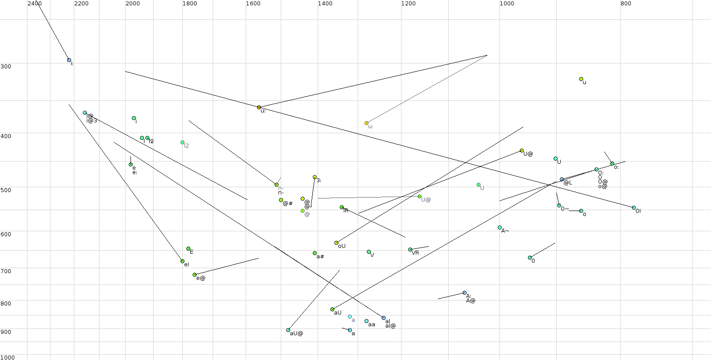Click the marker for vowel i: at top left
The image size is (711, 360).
tap(69, 60)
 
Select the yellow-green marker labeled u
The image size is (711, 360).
tap(581, 79)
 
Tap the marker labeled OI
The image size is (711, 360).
tap(634, 208)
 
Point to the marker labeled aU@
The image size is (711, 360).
tap(288, 330)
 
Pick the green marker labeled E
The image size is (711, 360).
tap(188, 249)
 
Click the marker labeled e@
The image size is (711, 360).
tap(194, 274)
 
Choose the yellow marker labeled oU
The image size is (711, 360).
tap(336, 243)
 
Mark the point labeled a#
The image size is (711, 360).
tap(315, 253)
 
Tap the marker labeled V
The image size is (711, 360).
tap(369, 252)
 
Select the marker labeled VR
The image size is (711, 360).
tap(410, 249)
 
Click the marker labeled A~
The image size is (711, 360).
tap(499, 228)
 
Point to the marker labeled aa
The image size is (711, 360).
tap(367, 321)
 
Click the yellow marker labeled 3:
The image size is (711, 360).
tap(315, 177)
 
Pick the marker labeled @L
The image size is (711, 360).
tap(562, 180)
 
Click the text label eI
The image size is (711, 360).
tap(186, 265)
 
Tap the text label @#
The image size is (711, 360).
tap(288, 204)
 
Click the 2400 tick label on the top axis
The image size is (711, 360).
tap(35, 4)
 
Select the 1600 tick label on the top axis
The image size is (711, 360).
tap(253, 4)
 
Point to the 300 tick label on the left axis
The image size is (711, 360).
tap(6, 67)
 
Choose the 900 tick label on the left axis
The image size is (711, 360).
tap(6, 332)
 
